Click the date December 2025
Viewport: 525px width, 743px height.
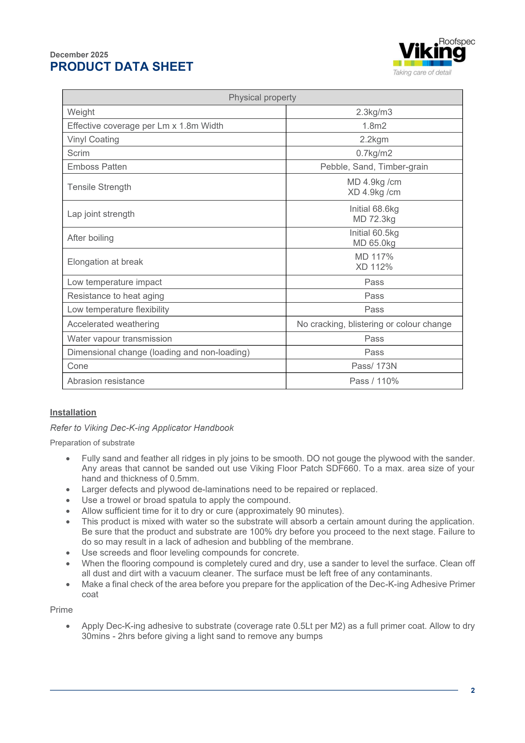coord(79,55)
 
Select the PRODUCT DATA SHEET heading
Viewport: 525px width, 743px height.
coord(122,67)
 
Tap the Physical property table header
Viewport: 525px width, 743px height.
coord(262,97)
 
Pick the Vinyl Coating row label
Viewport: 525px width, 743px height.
coord(93,140)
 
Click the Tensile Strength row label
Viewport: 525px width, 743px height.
coord(99,187)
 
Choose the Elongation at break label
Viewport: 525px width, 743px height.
coord(105,262)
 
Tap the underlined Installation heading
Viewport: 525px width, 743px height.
coord(73,412)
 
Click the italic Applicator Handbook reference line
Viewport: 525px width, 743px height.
coord(142,428)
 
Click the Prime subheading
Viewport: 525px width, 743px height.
coord(61,610)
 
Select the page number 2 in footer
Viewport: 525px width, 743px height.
coord(472,690)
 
